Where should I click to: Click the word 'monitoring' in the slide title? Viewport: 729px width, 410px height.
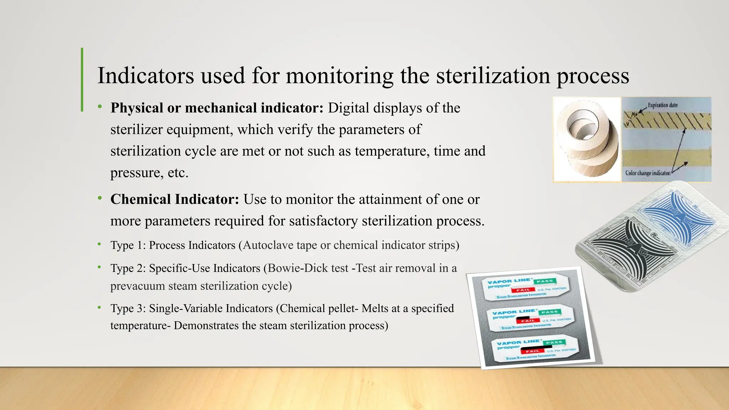(x=339, y=76)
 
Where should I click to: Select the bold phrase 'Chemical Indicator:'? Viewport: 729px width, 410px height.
(x=174, y=199)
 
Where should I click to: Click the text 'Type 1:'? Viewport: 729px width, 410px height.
(x=128, y=245)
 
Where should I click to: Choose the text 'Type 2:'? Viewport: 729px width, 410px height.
(x=128, y=268)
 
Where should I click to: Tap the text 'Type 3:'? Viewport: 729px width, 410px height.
(x=128, y=308)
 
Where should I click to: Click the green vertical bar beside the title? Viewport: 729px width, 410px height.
(x=82, y=80)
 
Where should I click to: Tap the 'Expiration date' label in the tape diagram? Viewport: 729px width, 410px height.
(x=662, y=105)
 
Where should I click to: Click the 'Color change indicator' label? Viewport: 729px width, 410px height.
(x=648, y=173)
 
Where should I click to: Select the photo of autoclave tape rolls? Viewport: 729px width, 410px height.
(x=587, y=140)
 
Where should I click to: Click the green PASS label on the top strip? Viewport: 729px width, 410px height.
(x=545, y=281)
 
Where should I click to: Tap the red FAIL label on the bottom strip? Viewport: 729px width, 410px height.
(x=533, y=351)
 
